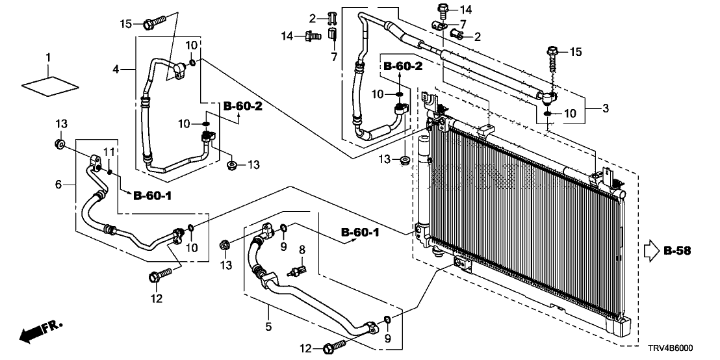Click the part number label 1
click(x=47, y=58)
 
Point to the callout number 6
click(x=58, y=185)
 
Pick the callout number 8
click(x=302, y=249)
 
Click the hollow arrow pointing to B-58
click(x=651, y=250)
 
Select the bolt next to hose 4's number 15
click(x=153, y=24)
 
